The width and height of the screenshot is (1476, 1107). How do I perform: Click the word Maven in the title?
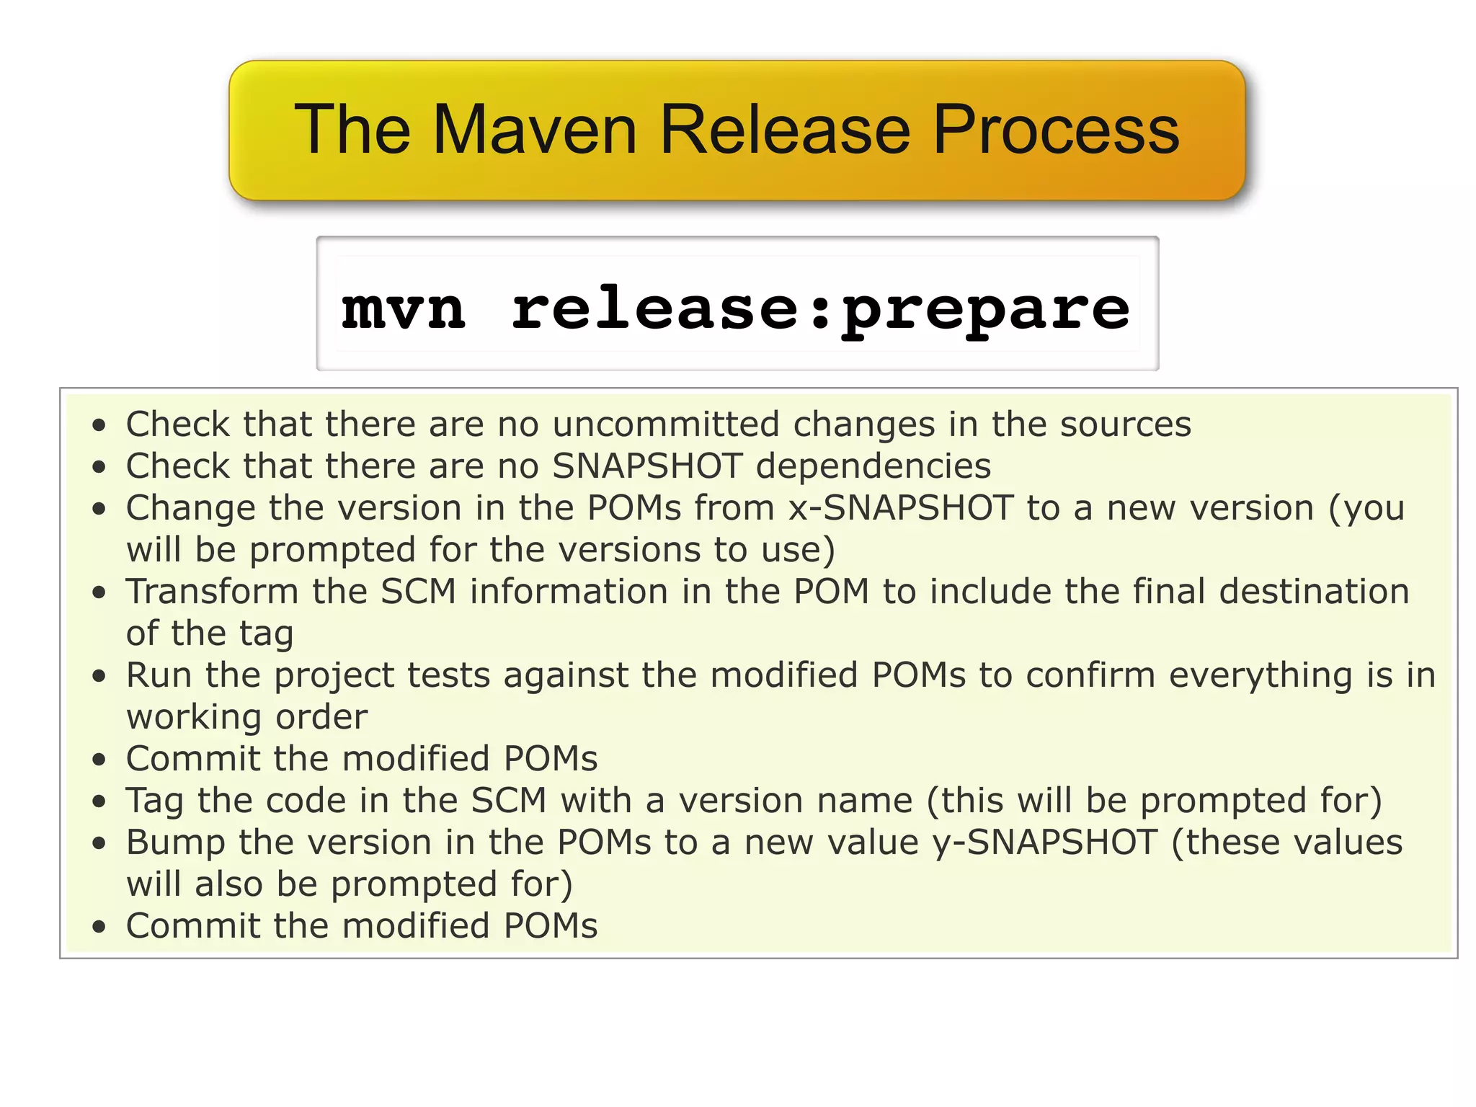pyautogui.click(x=534, y=130)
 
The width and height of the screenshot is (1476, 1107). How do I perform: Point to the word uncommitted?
pyautogui.click(x=666, y=424)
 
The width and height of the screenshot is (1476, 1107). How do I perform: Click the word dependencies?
pyautogui.click(x=873, y=466)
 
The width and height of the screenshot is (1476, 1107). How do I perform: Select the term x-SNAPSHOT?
pyautogui.click(x=901, y=507)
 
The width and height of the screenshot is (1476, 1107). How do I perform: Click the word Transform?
pyautogui.click(x=212, y=591)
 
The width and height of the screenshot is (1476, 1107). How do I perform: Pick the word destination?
pyautogui.click(x=1314, y=591)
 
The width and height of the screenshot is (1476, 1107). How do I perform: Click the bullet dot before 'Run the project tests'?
pyautogui.click(x=99, y=676)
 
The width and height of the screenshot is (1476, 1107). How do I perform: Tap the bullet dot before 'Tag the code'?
pyautogui.click(x=99, y=801)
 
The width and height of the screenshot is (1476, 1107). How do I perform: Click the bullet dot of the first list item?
pyautogui.click(x=99, y=424)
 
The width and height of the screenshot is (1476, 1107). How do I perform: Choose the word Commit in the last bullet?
pyautogui.click(x=192, y=925)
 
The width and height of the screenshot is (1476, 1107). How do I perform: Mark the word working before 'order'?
pyautogui.click(x=193, y=718)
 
